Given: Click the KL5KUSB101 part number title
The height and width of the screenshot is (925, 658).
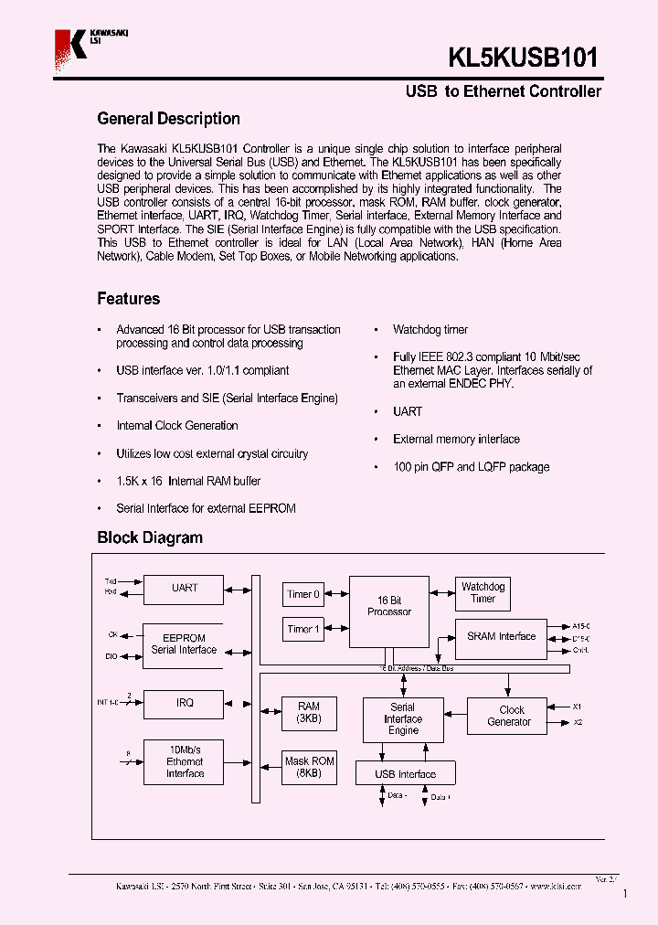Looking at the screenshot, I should click(x=524, y=58).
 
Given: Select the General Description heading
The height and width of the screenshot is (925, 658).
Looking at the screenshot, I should click(x=168, y=119).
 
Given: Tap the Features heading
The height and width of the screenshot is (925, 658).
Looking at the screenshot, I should click(x=128, y=299).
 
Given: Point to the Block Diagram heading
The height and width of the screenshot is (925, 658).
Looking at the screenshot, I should click(x=150, y=537).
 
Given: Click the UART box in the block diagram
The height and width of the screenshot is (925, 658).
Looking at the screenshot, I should click(x=184, y=589).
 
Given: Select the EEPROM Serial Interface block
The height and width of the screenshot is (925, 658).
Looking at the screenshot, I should click(x=184, y=644).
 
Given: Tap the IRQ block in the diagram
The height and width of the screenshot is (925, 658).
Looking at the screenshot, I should click(x=184, y=703).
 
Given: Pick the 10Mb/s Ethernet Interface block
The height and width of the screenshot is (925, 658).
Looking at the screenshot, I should click(x=184, y=761).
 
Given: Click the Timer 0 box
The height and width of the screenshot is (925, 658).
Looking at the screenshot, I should click(x=303, y=594).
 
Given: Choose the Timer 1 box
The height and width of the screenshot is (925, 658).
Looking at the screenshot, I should click(x=303, y=629).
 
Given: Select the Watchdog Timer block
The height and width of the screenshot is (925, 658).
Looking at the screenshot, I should click(x=483, y=593).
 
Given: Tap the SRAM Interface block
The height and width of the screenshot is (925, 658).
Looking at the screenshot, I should click(x=501, y=637).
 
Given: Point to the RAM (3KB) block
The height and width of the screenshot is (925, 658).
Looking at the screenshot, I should click(x=309, y=712).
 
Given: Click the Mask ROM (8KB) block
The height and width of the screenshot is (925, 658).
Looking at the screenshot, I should click(x=309, y=767).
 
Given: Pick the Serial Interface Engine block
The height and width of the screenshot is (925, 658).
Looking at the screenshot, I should click(x=403, y=719).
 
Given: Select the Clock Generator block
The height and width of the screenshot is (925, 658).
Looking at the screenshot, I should click(x=511, y=716).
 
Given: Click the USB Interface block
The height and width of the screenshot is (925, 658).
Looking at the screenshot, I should click(x=406, y=774).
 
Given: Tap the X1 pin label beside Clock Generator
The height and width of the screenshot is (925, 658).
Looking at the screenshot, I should click(x=577, y=707).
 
